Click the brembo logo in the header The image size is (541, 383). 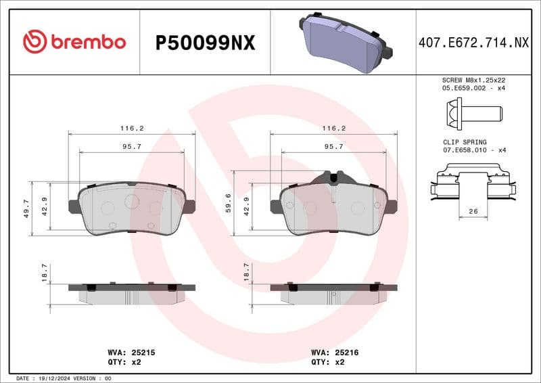pos(74,42)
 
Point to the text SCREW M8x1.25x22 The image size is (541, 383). pos(474,80)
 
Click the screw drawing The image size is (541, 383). pos(473,110)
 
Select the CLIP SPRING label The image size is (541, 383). pos(465,143)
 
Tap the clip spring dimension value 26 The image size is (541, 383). pos(473,212)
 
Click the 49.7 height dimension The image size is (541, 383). pos(26,208)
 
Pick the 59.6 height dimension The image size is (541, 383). pos(229,203)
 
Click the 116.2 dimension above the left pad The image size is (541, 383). pos(132,128)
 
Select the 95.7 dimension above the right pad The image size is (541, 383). pos(334,146)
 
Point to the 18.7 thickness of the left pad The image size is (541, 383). pos(45,273)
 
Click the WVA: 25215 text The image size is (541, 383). pos(132,353)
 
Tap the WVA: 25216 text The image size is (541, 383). pos(335,353)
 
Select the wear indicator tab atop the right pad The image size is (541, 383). pos(334,177)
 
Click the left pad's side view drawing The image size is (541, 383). pos(132,292)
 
